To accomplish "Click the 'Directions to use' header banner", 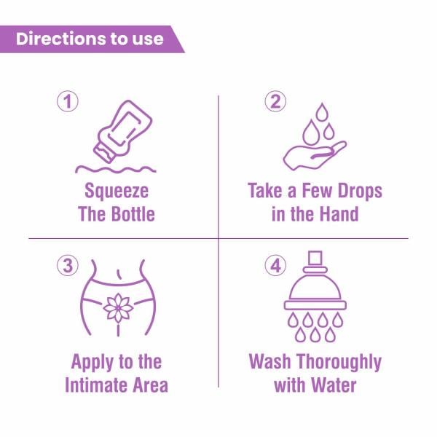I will [90, 39].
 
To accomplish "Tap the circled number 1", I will [67, 102].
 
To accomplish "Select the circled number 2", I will [275, 102].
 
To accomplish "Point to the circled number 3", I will [67, 266].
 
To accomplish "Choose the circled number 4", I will [275, 266].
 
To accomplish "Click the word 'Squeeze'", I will [117, 192].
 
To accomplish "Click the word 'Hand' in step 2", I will [337, 215].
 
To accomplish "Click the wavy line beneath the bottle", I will [117, 169].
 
